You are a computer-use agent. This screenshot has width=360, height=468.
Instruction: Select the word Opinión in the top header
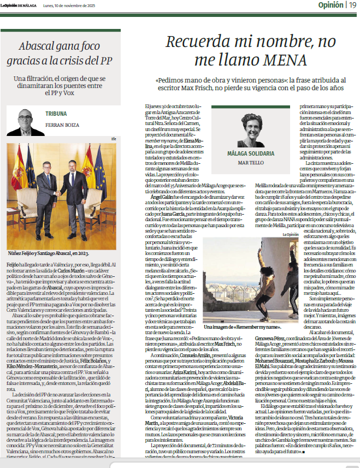[331, 5]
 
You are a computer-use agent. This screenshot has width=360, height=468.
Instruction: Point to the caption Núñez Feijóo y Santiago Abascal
[49, 254]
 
